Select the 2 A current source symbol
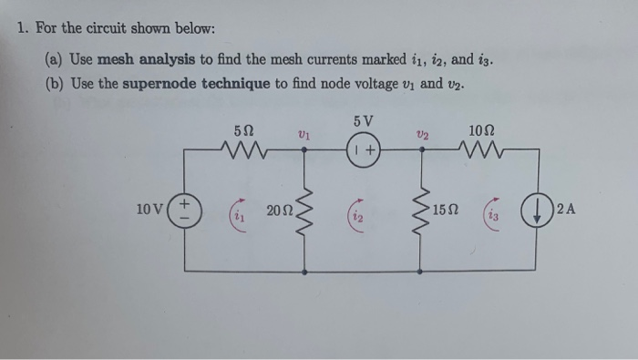(x=534, y=210)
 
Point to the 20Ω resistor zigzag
(x=304, y=212)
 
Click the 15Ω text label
(x=448, y=211)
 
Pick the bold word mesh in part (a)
(x=117, y=60)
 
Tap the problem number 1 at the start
(x=23, y=28)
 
